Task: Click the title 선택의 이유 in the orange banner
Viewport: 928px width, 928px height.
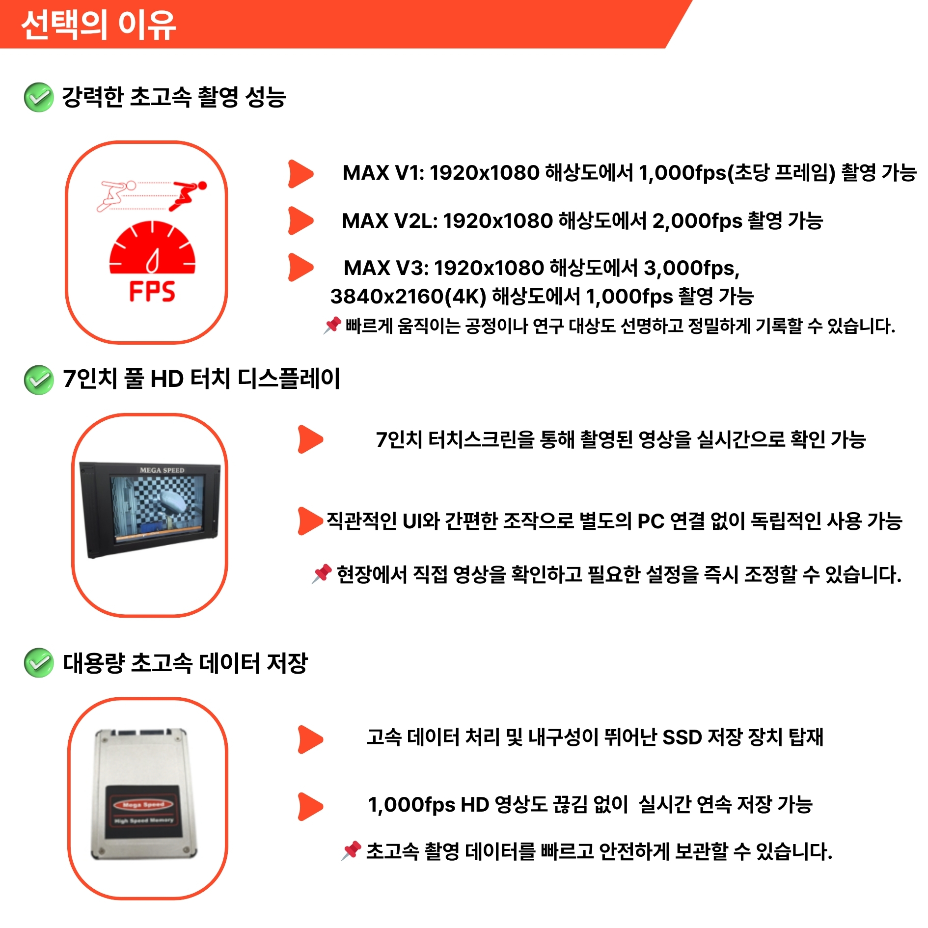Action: pos(99,25)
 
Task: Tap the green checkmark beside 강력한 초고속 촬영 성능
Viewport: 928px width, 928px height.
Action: pos(39,97)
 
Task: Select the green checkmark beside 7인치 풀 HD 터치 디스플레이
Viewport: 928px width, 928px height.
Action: pos(39,380)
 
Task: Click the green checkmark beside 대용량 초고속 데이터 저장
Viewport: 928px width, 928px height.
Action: pos(39,662)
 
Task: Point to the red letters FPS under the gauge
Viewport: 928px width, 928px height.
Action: pos(152,291)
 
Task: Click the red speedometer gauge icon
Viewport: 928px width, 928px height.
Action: pos(152,247)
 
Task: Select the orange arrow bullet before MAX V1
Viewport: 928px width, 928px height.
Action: pos(300,174)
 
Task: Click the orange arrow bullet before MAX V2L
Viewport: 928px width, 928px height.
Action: pos(300,220)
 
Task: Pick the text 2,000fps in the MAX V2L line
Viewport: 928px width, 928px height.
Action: pos(697,221)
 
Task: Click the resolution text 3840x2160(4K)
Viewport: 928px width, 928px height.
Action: pos(408,297)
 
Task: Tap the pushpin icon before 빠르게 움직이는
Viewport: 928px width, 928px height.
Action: pos(332,325)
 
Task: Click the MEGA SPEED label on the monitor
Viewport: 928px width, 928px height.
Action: pos(162,470)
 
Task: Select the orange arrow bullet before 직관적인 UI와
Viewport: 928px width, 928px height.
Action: pos(310,520)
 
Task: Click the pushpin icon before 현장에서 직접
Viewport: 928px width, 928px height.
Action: pos(322,573)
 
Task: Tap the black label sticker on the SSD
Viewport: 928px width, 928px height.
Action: pos(143,811)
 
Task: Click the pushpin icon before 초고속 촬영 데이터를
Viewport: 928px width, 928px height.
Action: pos(351,851)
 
